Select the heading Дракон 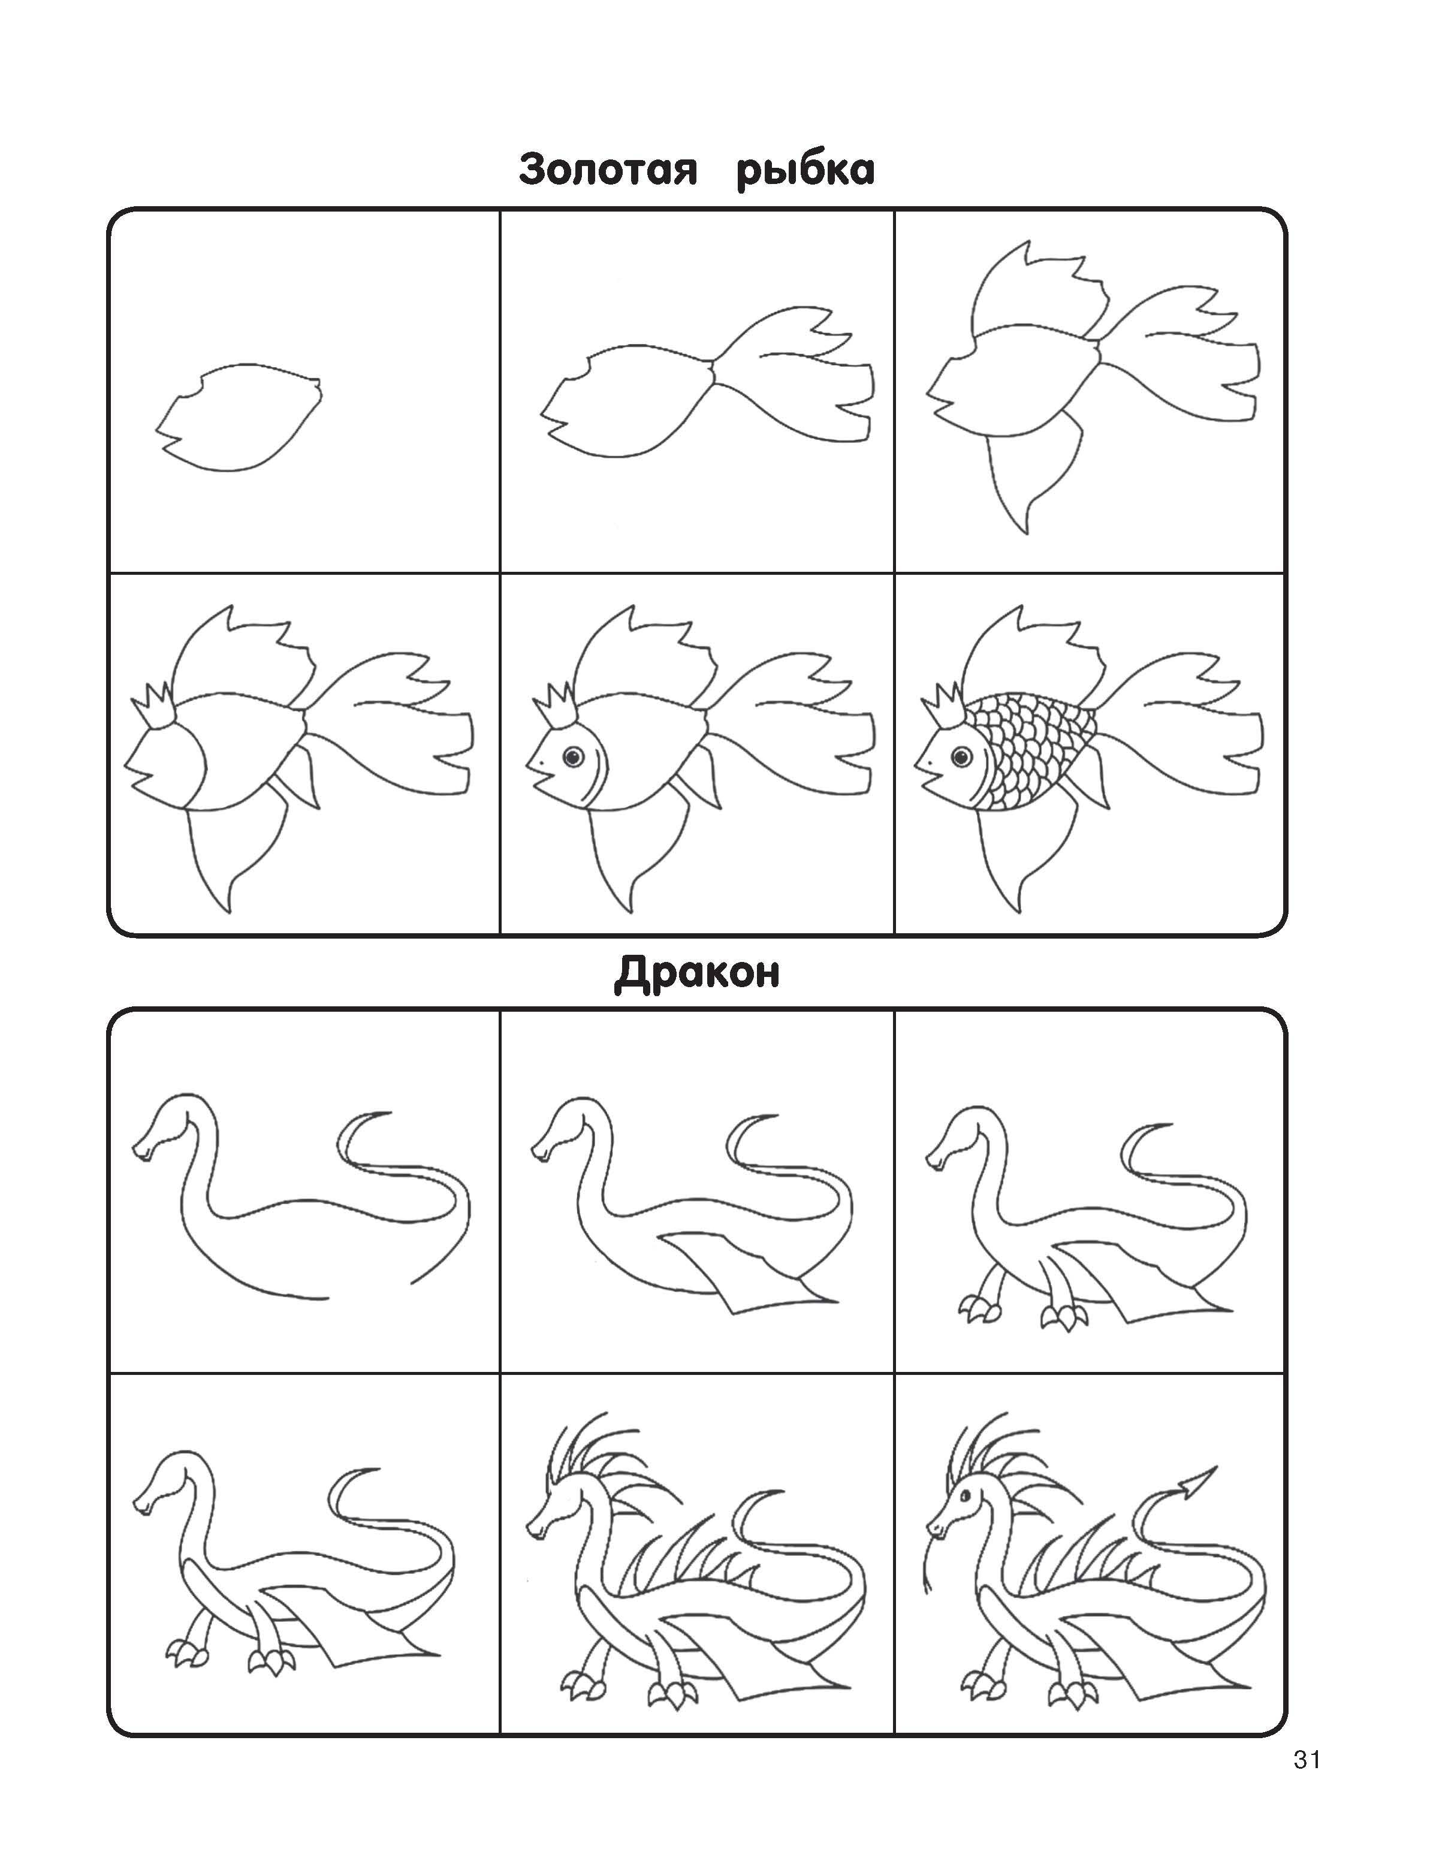(696, 973)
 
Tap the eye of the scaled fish (963, 755)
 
